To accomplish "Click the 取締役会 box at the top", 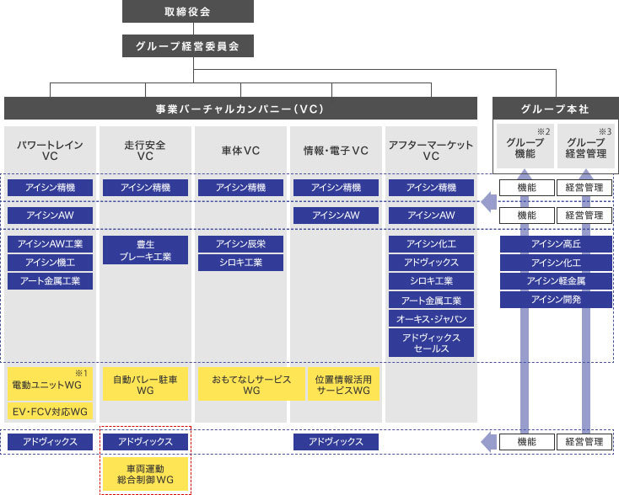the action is pyautogui.click(x=188, y=12).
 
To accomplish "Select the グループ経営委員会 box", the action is pyautogui.click(x=188, y=46).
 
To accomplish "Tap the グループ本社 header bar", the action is pyautogui.click(x=556, y=109).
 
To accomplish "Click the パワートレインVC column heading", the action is pyautogui.click(x=50, y=150).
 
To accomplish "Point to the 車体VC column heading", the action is pyautogui.click(x=240, y=151).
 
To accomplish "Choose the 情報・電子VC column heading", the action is pyautogui.click(x=336, y=151).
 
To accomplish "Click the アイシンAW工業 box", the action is pyautogui.click(x=50, y=244).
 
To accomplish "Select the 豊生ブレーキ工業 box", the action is pyautogui.click(x=145, y=250).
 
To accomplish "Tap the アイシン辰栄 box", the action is pyautogui.click(x=241, y=244).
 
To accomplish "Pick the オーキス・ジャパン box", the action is pyautogui.click(x=431, y=319).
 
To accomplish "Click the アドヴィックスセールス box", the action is pyautogui.click(x=431, y=343).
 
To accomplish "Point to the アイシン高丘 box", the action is pyautogui.click(x=556, y=244).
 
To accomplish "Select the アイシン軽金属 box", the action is pyautogui.click(x=556, y=281).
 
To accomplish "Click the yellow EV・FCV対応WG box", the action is pyautogui.click(x=50, y=412).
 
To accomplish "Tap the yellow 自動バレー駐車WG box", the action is pyautogui.click(x=145, y=384).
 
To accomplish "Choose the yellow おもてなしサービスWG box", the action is pyautogui.click(x=251, y=384).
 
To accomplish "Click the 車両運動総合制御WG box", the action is pyautogui.click(x=145, y=474).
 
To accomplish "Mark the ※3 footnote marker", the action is pyautogui.click(x=606, y=131).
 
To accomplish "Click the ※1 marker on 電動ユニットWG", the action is pyautogui.click(x=81, y=373).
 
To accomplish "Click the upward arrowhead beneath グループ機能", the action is pyautogui.click(x=525, y=173).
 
